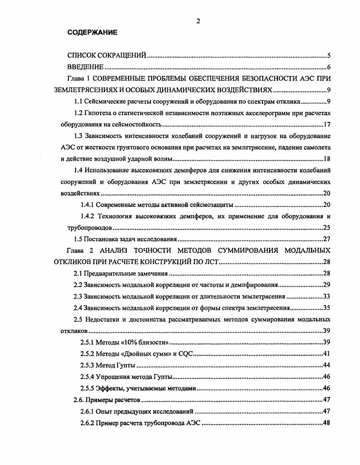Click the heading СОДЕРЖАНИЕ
point(92,33)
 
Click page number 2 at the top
point(198,20)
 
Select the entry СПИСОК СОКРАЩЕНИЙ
point(107,56)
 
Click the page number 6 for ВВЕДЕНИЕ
point(328,68)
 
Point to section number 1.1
point(79,101)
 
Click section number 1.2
point(79,113)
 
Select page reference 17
point(326,124)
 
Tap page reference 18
point(326,159)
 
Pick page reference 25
point(326,227)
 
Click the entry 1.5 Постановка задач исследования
point(125,239)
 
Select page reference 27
point(326,239)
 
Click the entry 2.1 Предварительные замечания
point(121,274)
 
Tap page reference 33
point(326,297)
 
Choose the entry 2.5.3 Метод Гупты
point(108,365)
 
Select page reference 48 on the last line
point(326,423)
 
